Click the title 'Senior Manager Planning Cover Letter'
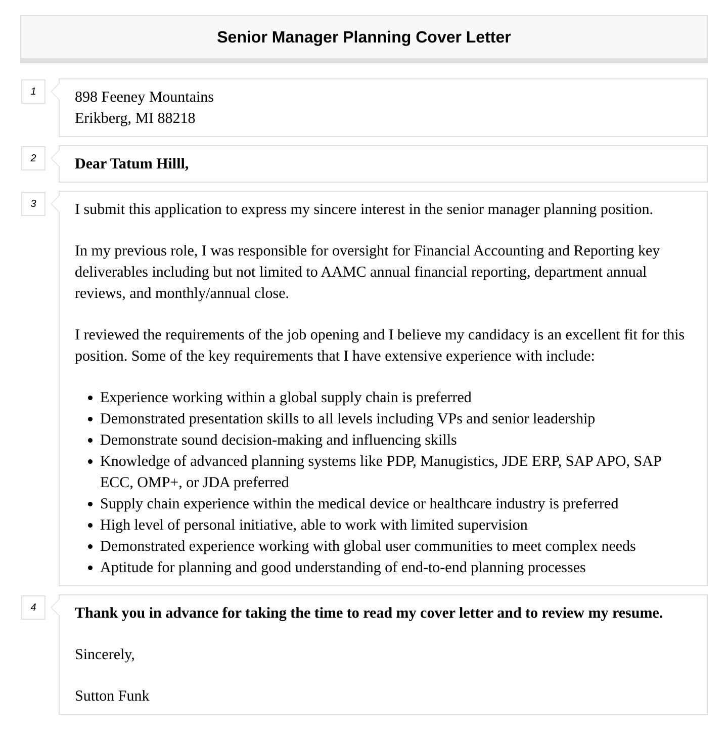pos(363,37)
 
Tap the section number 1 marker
pos(33,92)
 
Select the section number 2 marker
pos(33,158)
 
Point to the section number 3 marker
pos(33,204)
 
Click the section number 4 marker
pos(33,608)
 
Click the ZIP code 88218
pos(176,118)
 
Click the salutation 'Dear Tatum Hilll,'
pos(131,164)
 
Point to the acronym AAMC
pos(343,272)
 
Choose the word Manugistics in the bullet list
pos(459,461)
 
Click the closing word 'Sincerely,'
pos(105,655)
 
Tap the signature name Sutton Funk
pos(112,696)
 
